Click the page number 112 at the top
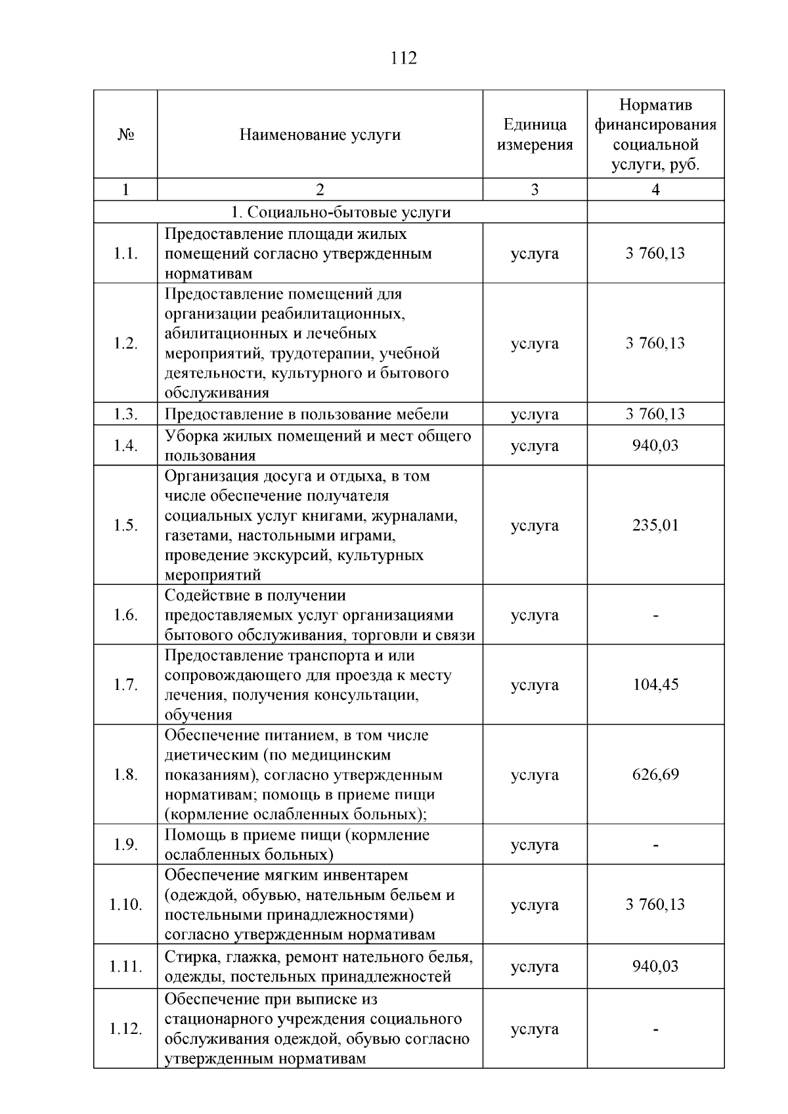403,58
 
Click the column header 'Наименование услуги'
320,135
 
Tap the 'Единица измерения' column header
535,135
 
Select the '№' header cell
125,135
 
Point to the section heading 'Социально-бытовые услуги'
341,213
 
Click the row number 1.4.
125,446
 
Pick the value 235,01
655,525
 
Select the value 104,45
655,685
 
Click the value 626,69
655,775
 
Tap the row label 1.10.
125,905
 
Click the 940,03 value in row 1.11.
655,966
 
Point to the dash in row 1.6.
655,616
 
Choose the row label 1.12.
125,1029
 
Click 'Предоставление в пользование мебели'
307,414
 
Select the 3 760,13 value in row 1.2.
655,343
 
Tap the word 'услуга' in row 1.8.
535,775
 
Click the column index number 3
535,190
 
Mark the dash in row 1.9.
655,845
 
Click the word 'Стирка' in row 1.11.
186,957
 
